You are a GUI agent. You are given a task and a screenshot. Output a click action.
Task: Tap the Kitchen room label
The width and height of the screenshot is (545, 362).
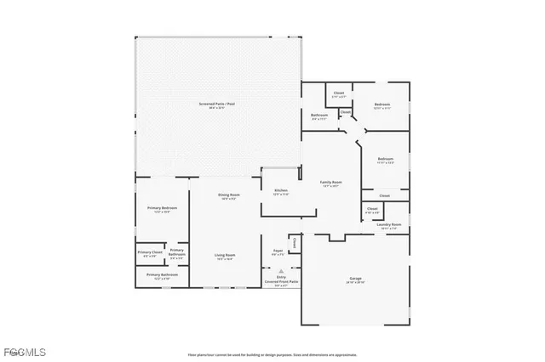coord(280,190)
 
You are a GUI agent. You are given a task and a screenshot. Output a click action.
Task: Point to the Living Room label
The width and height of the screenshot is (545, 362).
coord(225,255)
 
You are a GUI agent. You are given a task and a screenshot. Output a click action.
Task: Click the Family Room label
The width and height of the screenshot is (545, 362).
coord(330,182)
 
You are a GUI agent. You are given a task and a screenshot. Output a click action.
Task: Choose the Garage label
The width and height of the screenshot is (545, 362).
coord(355,279)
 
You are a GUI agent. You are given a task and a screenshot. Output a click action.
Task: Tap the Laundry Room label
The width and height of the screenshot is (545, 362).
coord(388,224)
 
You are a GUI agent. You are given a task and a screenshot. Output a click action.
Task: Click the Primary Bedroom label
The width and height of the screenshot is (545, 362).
coord(162,208)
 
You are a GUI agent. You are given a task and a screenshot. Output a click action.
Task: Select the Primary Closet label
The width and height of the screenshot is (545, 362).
coord(149,252)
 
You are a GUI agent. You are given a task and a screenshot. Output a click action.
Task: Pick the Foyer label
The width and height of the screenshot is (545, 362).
coord(278,251)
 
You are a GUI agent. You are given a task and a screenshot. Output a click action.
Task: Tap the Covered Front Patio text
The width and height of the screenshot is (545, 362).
coord(280,280)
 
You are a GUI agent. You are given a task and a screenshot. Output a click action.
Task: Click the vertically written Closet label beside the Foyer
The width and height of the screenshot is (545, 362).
coord(295,244)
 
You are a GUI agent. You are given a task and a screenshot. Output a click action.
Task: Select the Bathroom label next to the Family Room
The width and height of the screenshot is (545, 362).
coord(319,116)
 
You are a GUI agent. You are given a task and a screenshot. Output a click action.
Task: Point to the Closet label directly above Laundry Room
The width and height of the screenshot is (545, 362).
coord(372,208)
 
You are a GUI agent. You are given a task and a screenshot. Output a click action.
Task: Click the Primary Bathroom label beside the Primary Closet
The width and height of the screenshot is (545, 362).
coord(177,252)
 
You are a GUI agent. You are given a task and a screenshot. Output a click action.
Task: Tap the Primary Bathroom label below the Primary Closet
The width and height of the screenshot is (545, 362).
coord(162,275)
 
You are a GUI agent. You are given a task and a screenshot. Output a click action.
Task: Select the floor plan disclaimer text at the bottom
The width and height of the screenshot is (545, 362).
coord(272,354)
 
